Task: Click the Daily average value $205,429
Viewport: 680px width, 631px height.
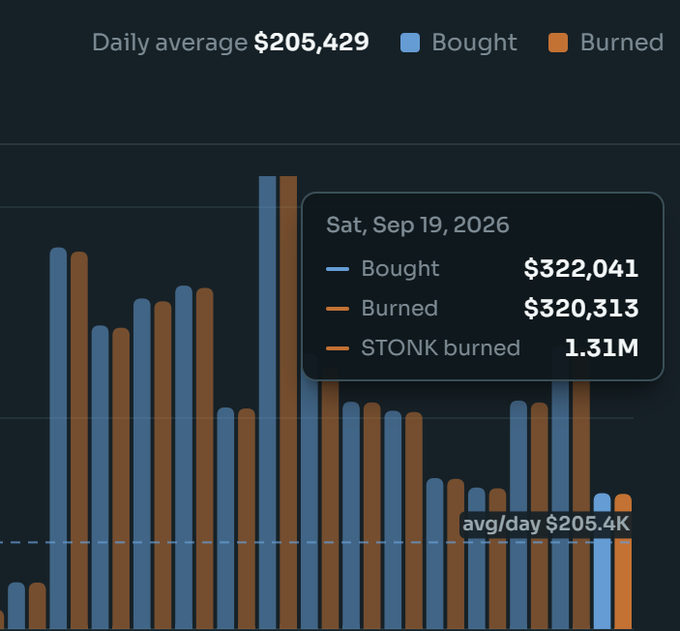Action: pos(311,43)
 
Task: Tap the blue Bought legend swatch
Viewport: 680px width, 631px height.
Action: pos(410,43)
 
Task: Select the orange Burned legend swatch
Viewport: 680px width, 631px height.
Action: pos(558,43)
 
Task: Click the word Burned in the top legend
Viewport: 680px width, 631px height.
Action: pos(622,43)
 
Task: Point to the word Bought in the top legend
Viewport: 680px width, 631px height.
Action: pos(474,43)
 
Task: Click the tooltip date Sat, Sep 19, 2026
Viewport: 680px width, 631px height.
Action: pos(418,225)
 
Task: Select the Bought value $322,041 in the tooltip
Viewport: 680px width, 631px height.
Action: pos(581,268)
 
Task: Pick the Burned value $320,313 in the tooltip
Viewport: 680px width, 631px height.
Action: pos(581,308)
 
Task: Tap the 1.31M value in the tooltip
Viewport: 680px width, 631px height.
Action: pos(602,348)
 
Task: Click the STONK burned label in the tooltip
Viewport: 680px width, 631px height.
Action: pos(441,348)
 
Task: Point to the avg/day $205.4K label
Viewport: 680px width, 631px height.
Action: pos(546,524)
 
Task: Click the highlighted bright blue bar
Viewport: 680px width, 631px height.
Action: pos(602,562)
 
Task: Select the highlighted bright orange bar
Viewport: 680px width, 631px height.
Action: pos(623,562)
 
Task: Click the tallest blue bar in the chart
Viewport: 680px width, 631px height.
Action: pos(268,403)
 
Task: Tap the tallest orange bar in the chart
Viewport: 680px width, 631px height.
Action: pos(288,403)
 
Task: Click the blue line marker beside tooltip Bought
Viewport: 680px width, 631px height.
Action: pos(337,269)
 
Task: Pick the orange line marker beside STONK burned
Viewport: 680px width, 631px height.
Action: pos(337,348)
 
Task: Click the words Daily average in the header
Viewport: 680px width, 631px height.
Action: pos(170,43)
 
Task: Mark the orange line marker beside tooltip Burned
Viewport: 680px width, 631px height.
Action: pos(337,309)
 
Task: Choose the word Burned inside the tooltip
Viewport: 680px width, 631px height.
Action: pos(399,308)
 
